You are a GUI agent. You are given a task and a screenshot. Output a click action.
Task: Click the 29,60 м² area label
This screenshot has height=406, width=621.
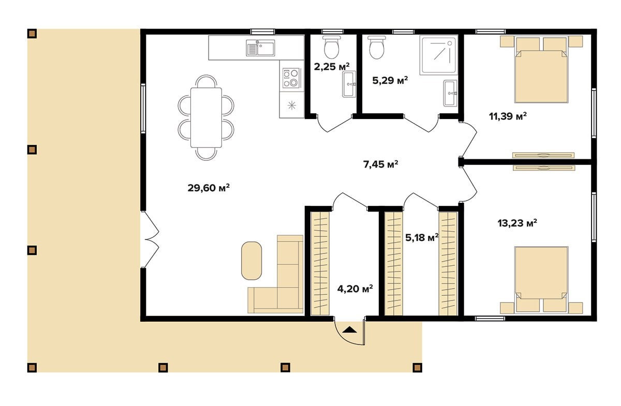(209, 188)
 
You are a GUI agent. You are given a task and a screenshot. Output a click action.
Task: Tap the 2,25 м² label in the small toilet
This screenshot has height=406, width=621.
(332, 67)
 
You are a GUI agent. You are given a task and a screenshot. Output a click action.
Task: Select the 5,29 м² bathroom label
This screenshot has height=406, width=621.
(390, 81)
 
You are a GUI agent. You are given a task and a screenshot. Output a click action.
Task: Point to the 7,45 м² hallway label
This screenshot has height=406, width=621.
(381, 164)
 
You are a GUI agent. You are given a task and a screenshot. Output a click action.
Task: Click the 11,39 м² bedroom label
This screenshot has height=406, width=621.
(508, 116)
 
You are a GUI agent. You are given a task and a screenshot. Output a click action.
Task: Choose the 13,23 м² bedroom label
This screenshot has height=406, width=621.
(517, 223)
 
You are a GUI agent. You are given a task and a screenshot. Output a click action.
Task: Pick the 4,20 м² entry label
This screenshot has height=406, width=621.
(355, 289)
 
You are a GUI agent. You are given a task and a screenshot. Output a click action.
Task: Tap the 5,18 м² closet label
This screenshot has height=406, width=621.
(422, 237)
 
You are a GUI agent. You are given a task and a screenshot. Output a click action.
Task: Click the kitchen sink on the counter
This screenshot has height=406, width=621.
(260, 48)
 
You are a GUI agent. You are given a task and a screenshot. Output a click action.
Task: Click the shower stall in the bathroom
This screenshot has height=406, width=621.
(438, 55)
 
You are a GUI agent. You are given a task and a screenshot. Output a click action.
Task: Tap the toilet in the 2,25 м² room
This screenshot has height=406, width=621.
(332, 47)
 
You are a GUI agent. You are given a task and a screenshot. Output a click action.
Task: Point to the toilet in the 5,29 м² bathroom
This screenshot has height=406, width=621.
(377, 48)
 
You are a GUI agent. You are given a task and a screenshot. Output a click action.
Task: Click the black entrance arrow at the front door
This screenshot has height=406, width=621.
(349, 329)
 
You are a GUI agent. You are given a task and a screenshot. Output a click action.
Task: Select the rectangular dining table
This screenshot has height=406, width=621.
(206, 117)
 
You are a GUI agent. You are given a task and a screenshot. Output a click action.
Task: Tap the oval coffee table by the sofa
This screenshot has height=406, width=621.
(252, 261)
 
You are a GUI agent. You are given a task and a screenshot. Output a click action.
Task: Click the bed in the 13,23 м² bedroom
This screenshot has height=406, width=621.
(541, 280)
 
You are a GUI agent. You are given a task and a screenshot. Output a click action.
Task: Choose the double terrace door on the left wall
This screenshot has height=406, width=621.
(150, 239)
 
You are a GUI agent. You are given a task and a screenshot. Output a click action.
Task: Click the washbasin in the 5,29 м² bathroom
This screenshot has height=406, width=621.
(450, 94)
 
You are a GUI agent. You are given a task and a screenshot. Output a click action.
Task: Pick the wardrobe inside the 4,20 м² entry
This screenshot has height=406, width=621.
(320, 264)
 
